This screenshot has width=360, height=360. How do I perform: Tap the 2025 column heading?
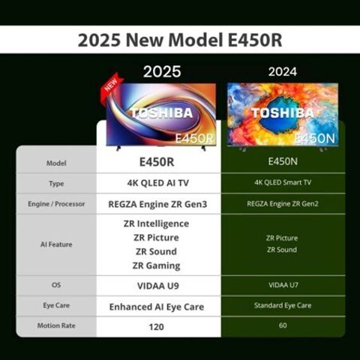(x=162, y=72)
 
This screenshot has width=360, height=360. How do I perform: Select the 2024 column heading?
(x=282, y=72)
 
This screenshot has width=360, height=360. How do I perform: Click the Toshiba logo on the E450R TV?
(x=162, y=113)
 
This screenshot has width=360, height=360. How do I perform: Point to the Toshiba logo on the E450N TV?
(x=282, y=113)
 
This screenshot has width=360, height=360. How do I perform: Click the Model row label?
(x=56, y=162)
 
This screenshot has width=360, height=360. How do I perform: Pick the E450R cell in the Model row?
(x=157, y=161)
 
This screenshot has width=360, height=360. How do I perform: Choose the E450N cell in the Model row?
(x=282, y=161)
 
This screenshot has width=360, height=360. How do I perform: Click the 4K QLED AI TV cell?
(x=157, y=183)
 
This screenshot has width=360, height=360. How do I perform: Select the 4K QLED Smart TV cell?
(x=282, y=183)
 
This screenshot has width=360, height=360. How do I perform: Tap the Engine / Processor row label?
(x=56, y=204)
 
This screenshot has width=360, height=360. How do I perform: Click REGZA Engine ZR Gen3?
(x=157, y=204)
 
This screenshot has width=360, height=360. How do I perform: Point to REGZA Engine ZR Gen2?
(x=282, y=204)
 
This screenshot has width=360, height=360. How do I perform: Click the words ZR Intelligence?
(x=157, y=223)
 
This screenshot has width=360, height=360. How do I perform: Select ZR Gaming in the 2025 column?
(x=157, y=265)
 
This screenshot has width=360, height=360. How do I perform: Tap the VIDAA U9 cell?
(x=157, y=286)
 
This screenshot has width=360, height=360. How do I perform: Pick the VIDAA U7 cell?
(x=282, y=286)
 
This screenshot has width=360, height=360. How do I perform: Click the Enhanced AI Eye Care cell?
(x=157, y=306)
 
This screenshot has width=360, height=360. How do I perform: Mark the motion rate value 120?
(x=157, y=326)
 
